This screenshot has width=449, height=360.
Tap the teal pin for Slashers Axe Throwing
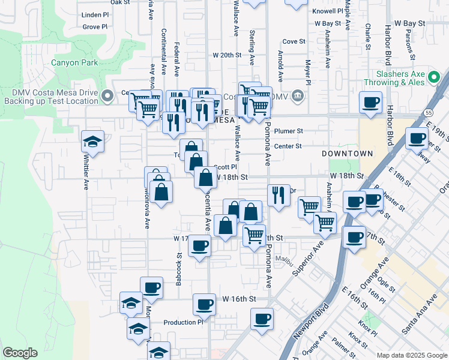[438, 77]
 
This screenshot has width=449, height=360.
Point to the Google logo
[20, 353]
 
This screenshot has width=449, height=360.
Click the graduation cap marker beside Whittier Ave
[93, 142]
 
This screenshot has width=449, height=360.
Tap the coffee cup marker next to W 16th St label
[204, 304]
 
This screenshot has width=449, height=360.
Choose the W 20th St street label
[226, 55]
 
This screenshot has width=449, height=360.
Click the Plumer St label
[288, 131]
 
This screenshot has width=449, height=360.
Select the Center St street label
[288, 146]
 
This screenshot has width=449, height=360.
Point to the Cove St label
[294, 41]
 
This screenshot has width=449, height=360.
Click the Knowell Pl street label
[328, 11]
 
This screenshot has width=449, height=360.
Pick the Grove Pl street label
[95, 26]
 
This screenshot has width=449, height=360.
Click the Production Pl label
[184, 323]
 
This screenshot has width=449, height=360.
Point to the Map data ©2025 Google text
[411, 355]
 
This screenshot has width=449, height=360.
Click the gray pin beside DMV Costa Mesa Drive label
[107, 95]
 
